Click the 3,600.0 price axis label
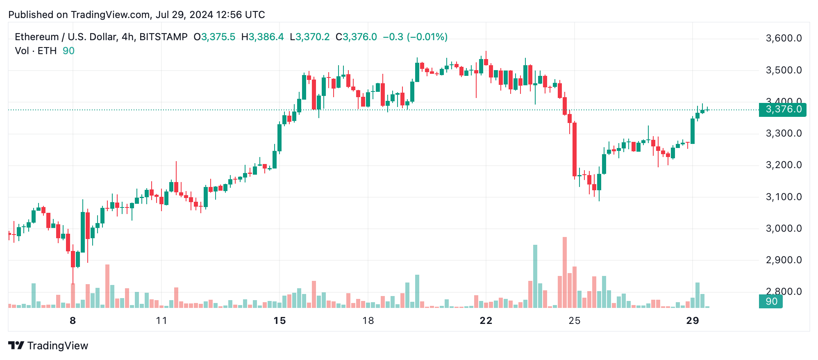(784, 39)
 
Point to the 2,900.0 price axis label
(784, 260)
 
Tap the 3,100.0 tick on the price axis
(784, 197)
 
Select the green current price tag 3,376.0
(782, 109)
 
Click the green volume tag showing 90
(770, 301)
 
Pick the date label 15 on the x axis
(279, 321)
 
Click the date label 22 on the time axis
(486, 321)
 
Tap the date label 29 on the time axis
(692, 321)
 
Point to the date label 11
(161, 321)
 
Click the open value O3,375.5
(214, 37)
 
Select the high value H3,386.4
(262, 37)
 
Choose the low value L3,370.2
(309, 37)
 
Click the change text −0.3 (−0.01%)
(415, 37)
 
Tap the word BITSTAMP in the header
(163, 37)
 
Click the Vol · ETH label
(36, 51)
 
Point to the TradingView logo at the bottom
(48, 346)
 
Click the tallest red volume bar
(565, 272)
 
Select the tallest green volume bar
(535, 276)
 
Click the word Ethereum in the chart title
(36, 37)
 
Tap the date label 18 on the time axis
(368, 321)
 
